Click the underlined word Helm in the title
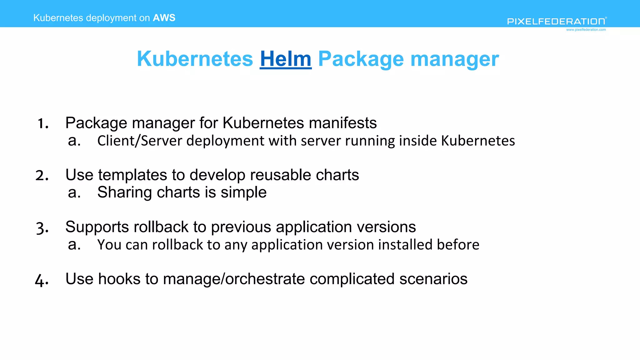(x=286, y=59)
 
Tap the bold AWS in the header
(x=164, y=18)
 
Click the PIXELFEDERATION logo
(x=557, y=21)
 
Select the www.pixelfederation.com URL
(x=586, y=30)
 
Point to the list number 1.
(x=43, y=123)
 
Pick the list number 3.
(x=42, y=227)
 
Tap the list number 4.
(x=42, y=279)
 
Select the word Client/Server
(x=140, y=141)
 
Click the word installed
(x=405, y=244)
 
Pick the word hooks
(x=119, y=279)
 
